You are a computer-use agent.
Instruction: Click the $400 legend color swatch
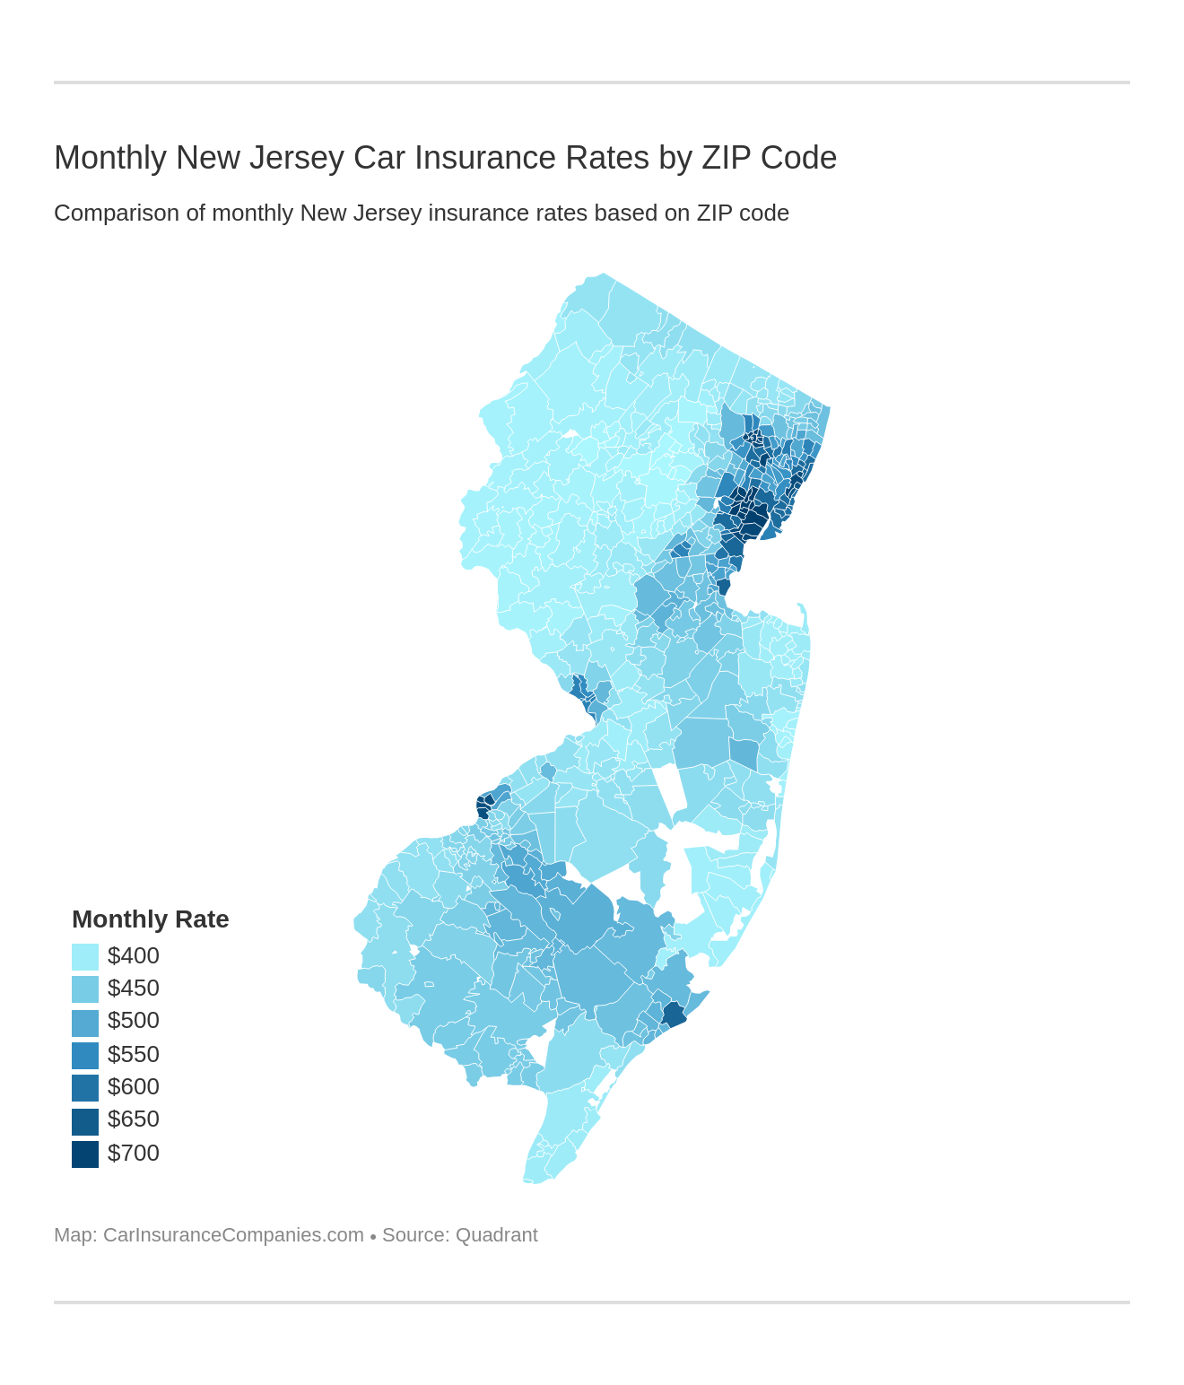point(85,956)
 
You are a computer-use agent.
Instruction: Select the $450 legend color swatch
point(85,989)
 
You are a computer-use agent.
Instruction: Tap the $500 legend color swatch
point(85,1022)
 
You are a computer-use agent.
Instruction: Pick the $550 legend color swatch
point(85,1055)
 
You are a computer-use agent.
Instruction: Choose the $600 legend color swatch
point(85,1087)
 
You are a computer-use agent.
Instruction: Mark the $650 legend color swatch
point(85,1120)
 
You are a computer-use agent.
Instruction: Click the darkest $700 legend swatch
point(85,1154)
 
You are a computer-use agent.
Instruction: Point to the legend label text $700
point(133,1154)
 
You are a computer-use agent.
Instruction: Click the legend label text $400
point(133,956)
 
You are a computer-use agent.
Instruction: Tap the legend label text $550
point(133,1055)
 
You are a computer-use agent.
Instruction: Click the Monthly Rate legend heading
point(150,919)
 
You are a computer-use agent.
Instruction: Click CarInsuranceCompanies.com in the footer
point(233,1235)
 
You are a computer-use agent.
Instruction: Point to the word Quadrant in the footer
point(496,1235)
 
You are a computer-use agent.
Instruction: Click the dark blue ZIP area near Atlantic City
point(674,1015)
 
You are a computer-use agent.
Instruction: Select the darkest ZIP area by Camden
point(483,805)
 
